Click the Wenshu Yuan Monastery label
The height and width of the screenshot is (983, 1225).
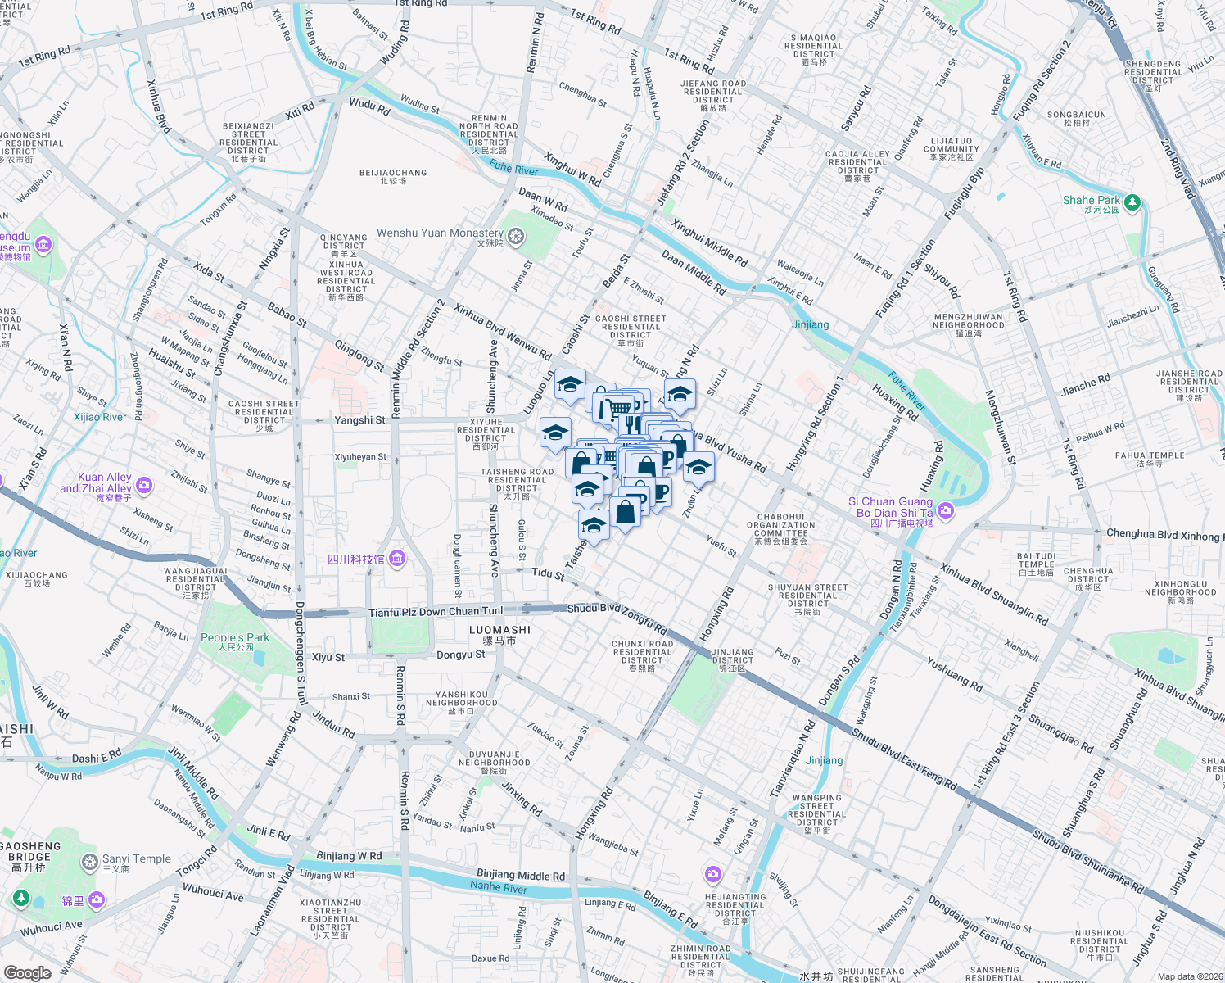[440, 233]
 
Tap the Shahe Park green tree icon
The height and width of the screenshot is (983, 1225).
[1132, 202]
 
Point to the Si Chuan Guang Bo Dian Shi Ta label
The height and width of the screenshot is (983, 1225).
[891, 507]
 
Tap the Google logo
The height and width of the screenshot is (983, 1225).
[28, 972]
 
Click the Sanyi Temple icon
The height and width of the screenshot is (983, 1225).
[90, 862]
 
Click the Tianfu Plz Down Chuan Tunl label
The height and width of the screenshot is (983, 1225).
[436, 612]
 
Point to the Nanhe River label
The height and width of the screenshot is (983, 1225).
[498, 887]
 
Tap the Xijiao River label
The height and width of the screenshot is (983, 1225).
[100, 417]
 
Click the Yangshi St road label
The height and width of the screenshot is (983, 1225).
[359, 419]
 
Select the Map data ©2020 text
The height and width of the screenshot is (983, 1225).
[1187, 976]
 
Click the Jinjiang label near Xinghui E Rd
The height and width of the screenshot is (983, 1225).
[810, 324]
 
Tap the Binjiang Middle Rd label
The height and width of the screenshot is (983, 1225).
[521, 875]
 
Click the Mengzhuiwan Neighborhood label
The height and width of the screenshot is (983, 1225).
[968, 321]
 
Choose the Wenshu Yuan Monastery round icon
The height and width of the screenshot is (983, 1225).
[515, 238]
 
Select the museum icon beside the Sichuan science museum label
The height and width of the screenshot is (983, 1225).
[397, 559]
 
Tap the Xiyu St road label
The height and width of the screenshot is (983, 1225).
[328, 657]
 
